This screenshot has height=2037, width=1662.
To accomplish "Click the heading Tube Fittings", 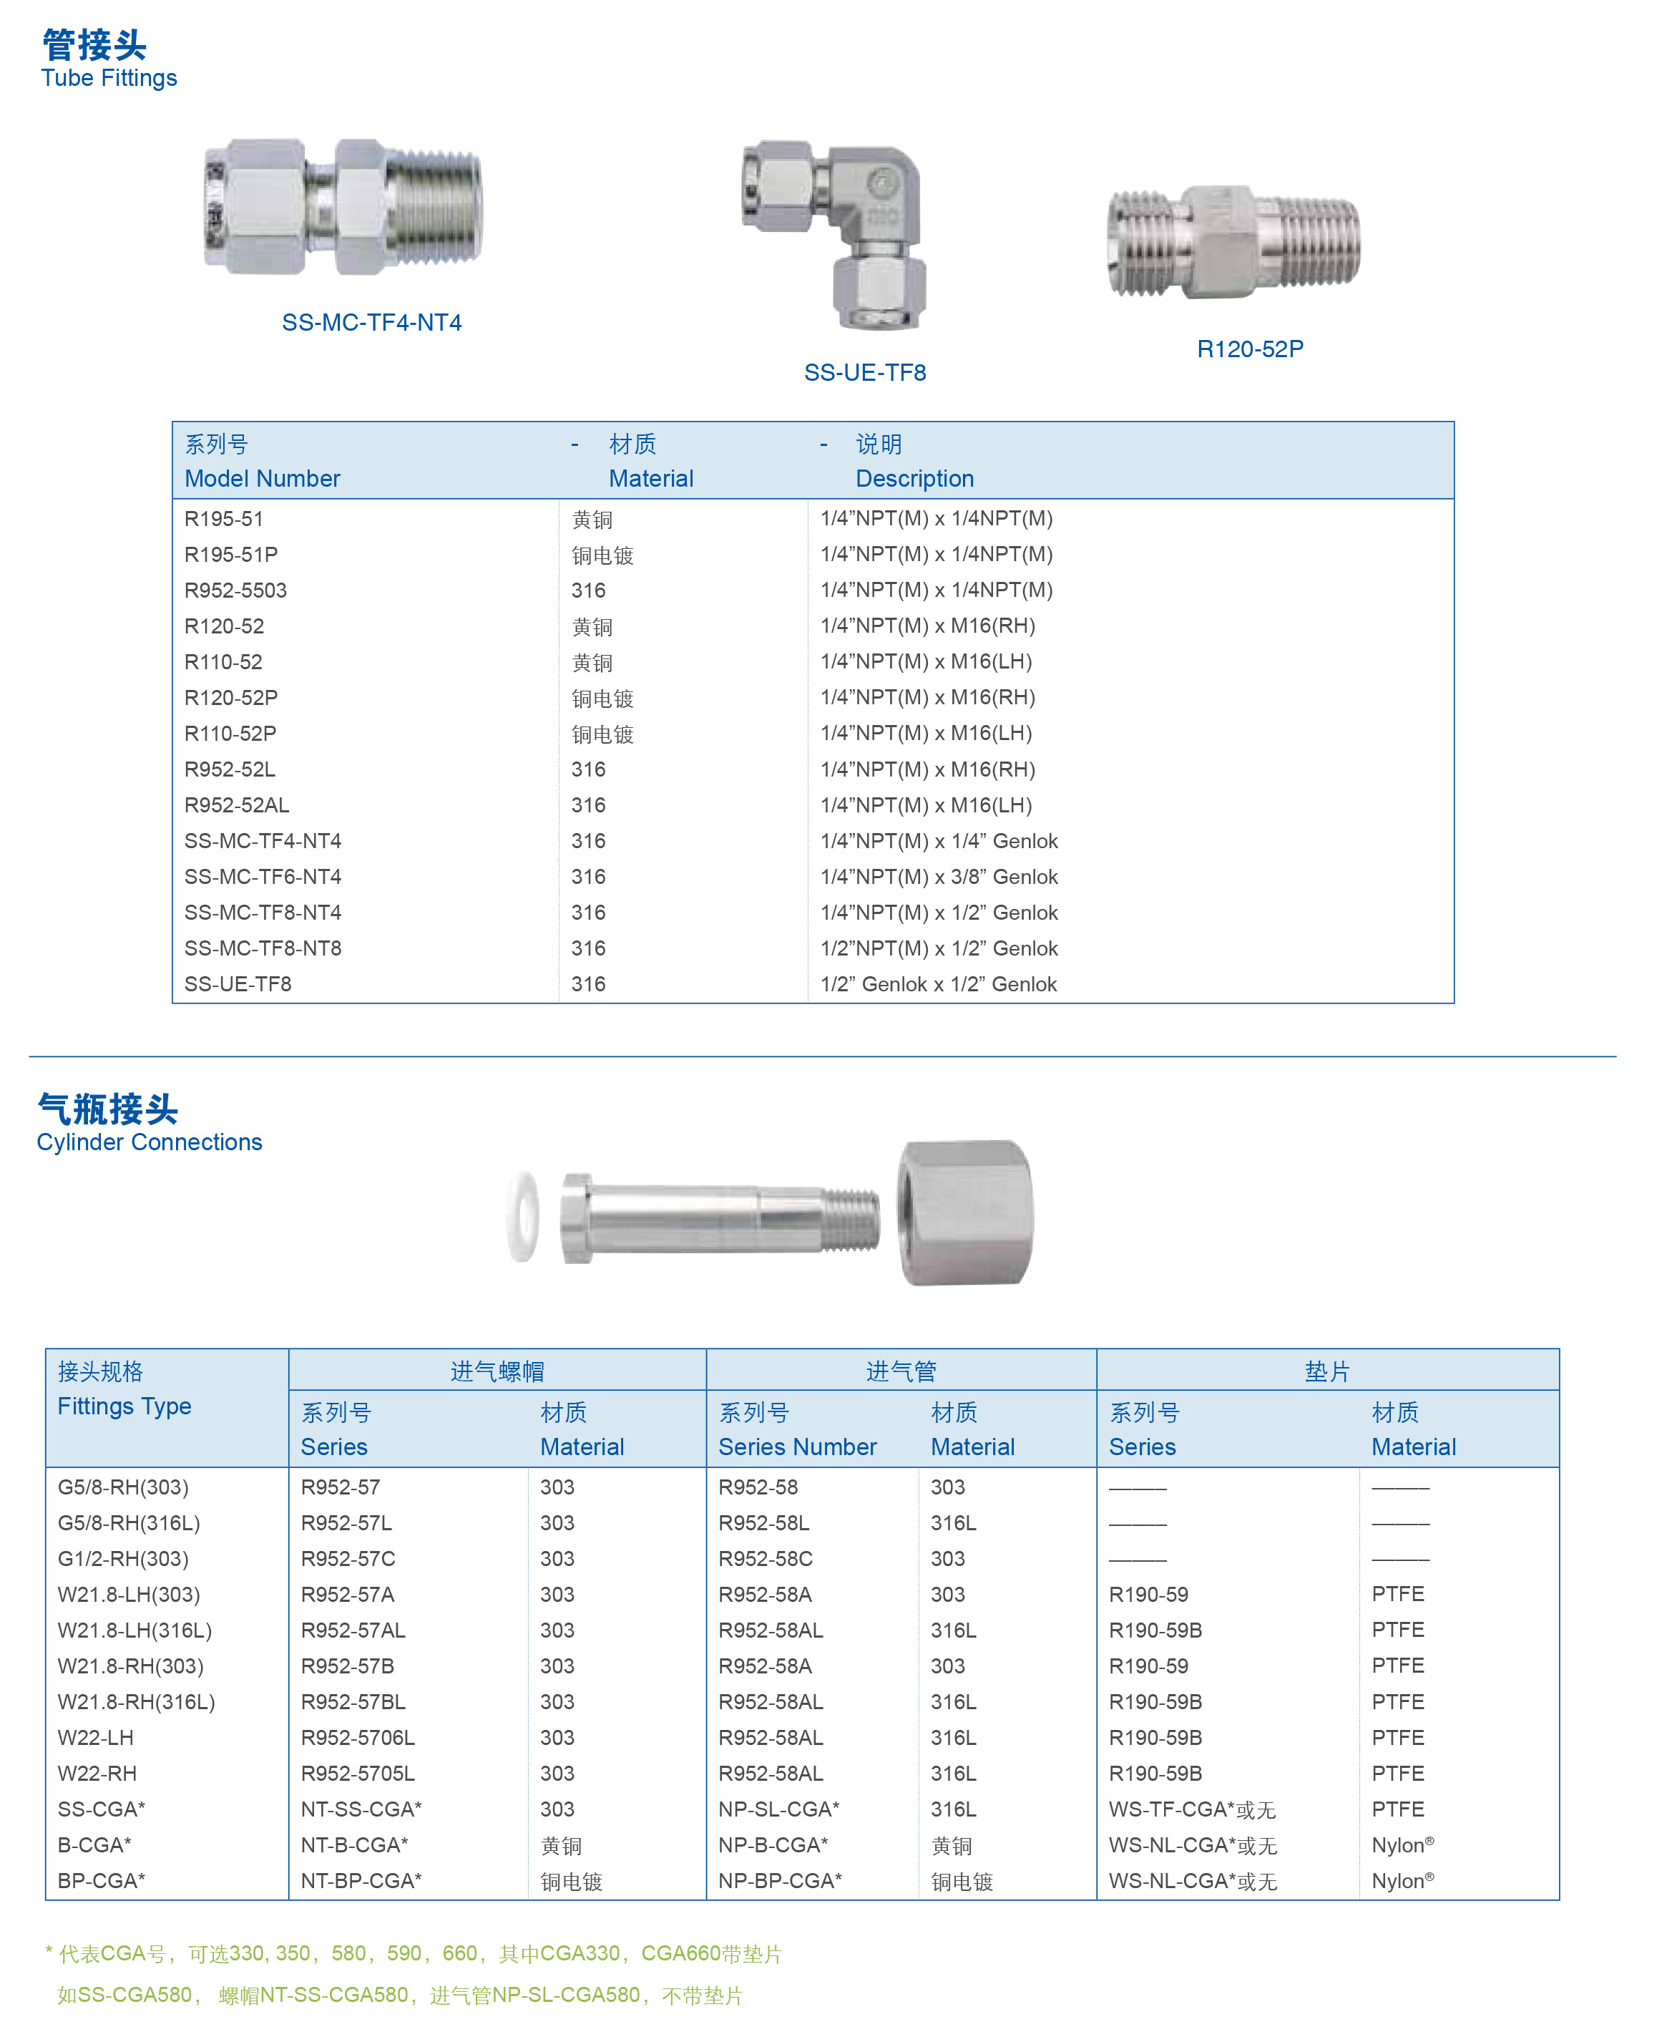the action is click(x=109, y=79).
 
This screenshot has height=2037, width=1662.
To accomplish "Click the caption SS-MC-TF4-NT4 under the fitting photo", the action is click(x=371, y=323).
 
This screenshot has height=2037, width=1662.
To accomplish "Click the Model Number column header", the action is click(x=263, y=479).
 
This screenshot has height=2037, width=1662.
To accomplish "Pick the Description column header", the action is click(x=914, y=479).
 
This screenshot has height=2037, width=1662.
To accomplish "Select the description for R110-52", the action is click(x=926, y=662).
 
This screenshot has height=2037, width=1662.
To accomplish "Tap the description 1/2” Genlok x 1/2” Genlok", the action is click(x=938, y=983).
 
